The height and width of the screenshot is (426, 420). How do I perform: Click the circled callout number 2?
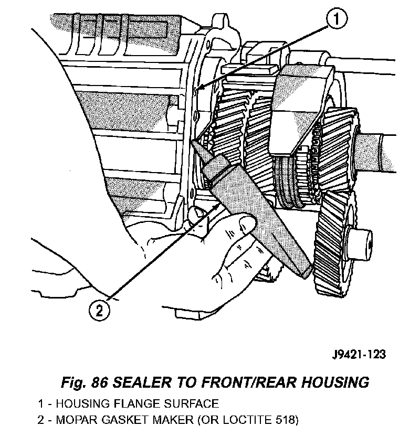100,310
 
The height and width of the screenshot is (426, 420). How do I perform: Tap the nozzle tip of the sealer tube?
196,143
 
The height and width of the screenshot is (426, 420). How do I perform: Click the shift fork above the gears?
299,105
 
